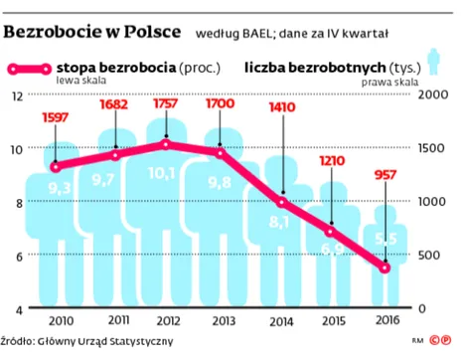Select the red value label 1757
(x=166, y=104)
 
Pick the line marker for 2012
(x=166, y=144)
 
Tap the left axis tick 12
(x=15, y=95)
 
